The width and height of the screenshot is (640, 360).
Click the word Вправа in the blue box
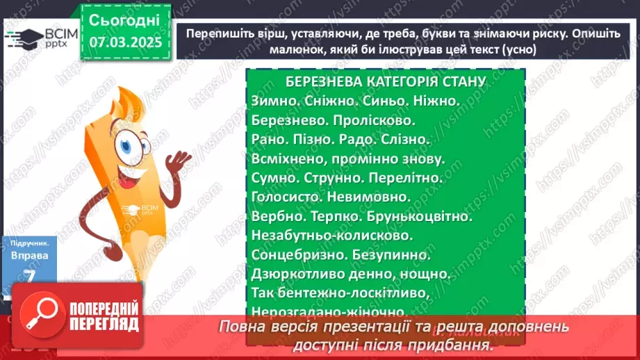(x=30, y=256)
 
